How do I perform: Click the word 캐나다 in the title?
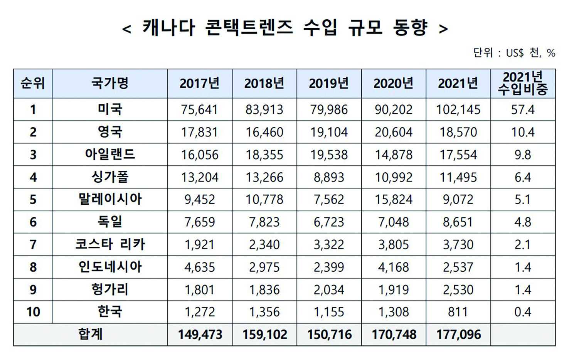[x=169, y=28]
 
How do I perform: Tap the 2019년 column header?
[x=329, y=83]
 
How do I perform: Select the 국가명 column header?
[x=110, y=83]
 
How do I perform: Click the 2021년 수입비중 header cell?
[x=523, y=83]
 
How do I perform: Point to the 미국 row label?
[x=110, y=109]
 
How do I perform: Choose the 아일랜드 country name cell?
[x=110, y=155]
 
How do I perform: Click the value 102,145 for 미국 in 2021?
[x=458, y=110]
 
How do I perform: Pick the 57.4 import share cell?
[x=523, y=110]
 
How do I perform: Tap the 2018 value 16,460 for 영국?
[x=264, y=132]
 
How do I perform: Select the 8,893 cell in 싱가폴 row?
[x=329, y=177]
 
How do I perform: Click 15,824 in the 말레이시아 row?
[x=394, y=200]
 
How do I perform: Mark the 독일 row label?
[x=110, y=222]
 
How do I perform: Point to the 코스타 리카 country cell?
[x=110, y=244]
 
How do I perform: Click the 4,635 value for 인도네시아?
[x=200, y=267]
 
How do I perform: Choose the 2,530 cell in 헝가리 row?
[x=458, y=290]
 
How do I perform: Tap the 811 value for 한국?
[x=458, y=312]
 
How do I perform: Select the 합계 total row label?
[x=91, y=334]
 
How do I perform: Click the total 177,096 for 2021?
[x=458, y=335]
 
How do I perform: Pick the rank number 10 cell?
[x=33, y=312]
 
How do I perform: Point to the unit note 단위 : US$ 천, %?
[x=514, y=53]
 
